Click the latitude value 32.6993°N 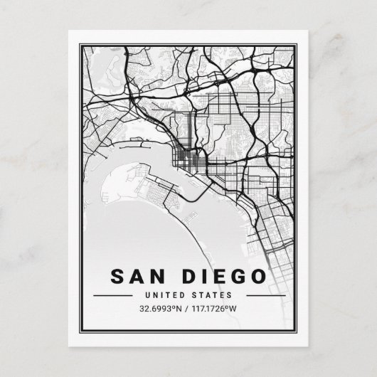click(157, 309)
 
